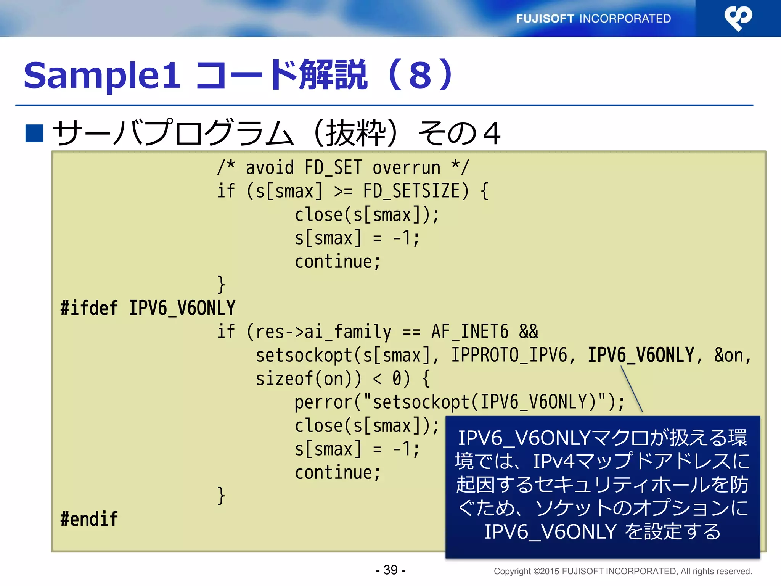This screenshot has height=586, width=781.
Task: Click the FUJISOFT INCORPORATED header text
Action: click(x=593, y=18)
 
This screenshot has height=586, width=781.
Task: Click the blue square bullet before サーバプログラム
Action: click(x=34, y=133)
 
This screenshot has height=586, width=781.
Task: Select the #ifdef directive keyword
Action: click(x=89, y=308)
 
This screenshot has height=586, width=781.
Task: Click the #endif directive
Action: click(x=89, y=519)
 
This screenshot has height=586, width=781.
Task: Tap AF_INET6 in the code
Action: click(x=469, y=332)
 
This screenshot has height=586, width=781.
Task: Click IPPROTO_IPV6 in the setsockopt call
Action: click(x=509, y=355)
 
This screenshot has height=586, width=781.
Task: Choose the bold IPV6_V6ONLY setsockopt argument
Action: click(x=641, y=355)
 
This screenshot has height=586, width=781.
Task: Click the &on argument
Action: click(x=729, y=355)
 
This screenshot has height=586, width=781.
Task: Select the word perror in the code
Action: click(x=323, y=402)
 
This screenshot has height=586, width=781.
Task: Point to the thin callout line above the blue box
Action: click(x=632, y=389)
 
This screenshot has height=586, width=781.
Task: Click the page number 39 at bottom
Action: click(x=390, y=570)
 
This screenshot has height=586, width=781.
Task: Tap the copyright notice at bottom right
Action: click(x=622, y=571)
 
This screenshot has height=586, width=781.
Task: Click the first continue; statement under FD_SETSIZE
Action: click(x=337, y=261)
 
